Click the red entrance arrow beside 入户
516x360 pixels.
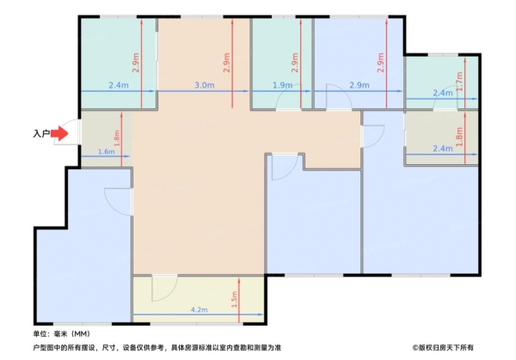[x=59, y=133]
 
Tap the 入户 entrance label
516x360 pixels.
[x=41, y=134]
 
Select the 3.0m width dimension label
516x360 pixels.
[x=205, y=85]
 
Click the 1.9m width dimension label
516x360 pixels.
[x=283, y=85]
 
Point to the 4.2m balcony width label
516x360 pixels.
[x=200, y=309]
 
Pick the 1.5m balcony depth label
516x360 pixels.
[x=234, y=299]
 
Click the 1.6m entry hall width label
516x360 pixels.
[x=107, y=151]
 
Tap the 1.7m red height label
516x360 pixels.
[x=460, y=82]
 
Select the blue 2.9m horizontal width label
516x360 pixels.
[x=359, y=85]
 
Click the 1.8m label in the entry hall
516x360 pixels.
[x=118, y=138]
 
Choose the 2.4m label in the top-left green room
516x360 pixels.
[x=119, y=85]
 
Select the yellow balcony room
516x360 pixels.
[x=199, y=299]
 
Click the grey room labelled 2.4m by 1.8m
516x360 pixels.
[x=441, y=137]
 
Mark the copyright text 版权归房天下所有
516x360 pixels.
[x=443, y=347]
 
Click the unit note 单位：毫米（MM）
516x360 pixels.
[x=62, y=334]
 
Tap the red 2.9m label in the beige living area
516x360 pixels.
[x=227, y=63]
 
